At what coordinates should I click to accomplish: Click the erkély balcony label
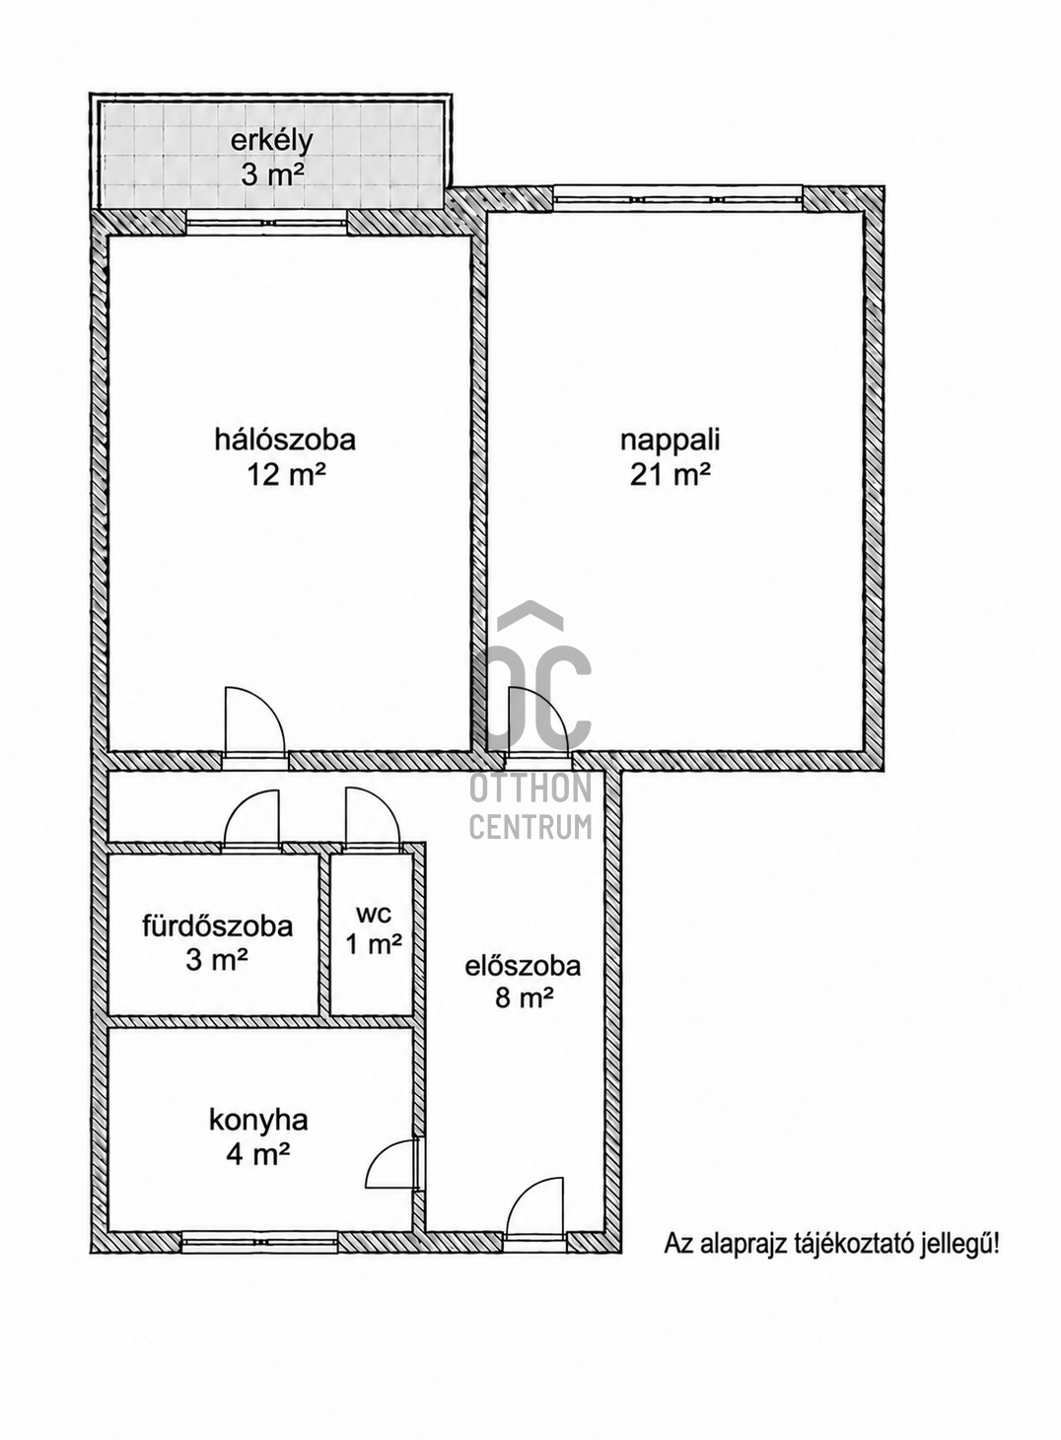271,141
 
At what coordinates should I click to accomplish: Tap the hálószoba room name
285,441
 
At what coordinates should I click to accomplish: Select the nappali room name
671,441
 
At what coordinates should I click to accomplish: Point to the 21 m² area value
671,476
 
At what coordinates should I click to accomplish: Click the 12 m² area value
285,476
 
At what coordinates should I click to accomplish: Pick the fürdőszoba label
217,926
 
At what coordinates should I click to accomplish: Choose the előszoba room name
523,966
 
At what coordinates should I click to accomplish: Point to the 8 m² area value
524,1001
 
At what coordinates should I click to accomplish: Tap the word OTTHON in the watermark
530,789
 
